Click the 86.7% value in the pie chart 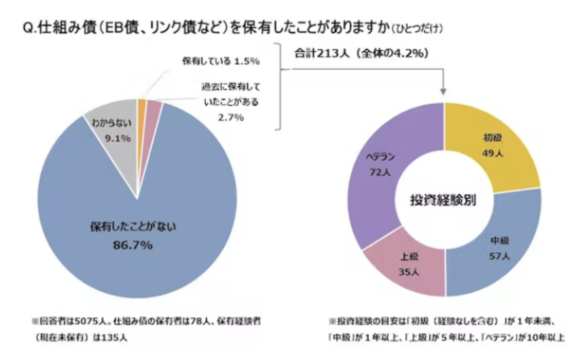[x=132, y=245]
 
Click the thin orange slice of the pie [x=141, y=105]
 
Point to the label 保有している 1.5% [x=220, y=61]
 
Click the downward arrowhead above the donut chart [x=443, y=91]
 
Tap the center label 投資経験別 [x=443, y=200]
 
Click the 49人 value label [x=492, y=154]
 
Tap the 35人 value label [x=409, y=272]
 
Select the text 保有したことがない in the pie [x=132, y=227]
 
